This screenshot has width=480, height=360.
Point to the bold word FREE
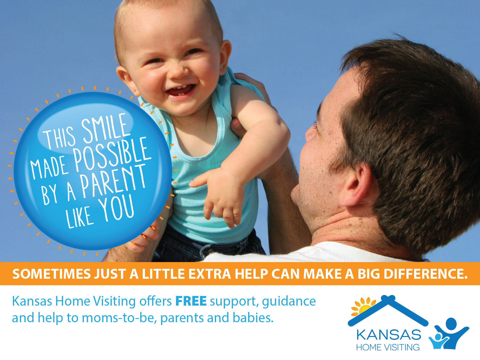(x=191, y=301)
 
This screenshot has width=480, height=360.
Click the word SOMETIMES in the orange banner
(x=52, y=274)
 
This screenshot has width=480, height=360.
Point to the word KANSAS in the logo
(x=388, y=335)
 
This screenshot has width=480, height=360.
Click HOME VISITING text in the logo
(x=388, y=347)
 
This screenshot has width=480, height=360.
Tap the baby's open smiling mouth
(x=180, y=90)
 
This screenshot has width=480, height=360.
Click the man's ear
(x=356, y=186)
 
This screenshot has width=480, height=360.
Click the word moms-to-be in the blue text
(x=119, y=318)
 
